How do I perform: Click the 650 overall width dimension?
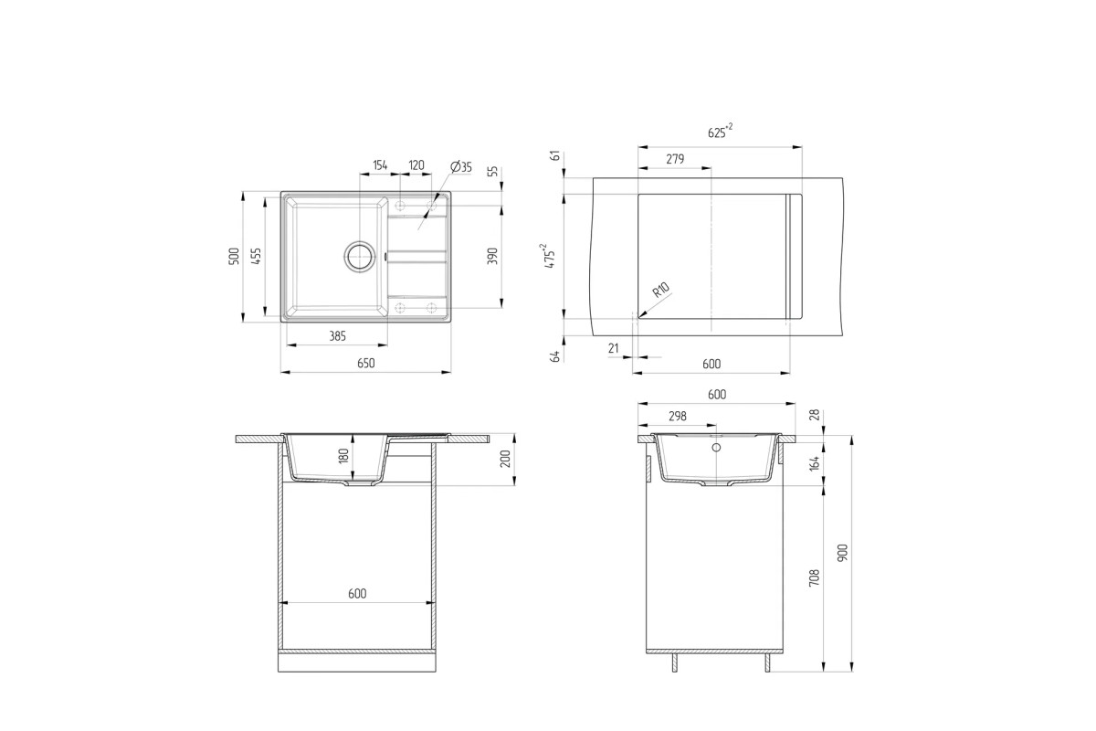click(x=366, y=363)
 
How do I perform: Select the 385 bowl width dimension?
click(x=338, y=336)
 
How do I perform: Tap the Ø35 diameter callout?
click(x=461, y=166)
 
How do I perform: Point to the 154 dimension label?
click(x=380, y=165)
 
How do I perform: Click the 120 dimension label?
click(x=416, y=165)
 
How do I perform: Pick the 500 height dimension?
click(x=235, y=256)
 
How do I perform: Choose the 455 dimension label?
click(x=256, y=256)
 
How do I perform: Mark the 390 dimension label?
click(x=492, y=256)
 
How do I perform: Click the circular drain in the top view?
click(x=360, y=256)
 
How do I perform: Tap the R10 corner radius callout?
click(x=660, y=291)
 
